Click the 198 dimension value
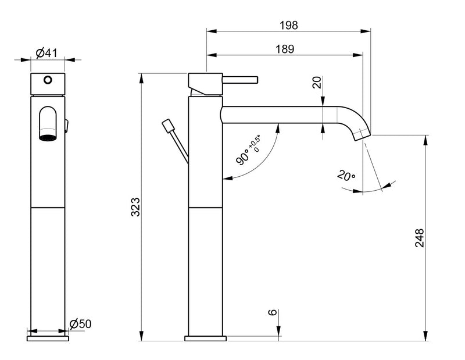288,25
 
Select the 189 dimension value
284,49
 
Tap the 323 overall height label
135,208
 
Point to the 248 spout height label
420,238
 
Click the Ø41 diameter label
46,53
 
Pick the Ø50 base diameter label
81,323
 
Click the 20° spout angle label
345,175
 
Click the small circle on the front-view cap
48,80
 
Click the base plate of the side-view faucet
205,337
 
